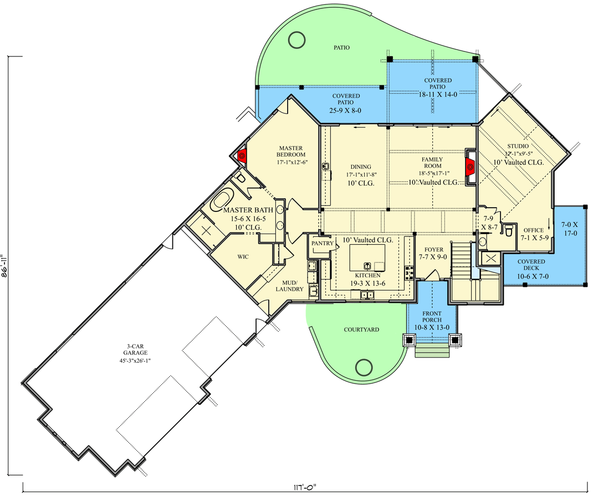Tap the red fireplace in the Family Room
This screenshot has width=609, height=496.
pyautogui.click(x=470, y=164)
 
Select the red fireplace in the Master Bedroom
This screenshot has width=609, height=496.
pyautogui.click(x=242, y=156)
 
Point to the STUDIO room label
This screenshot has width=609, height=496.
pyautogui.click(x=517, y=146)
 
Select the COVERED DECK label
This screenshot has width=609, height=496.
pyautogui.click(x=531, y=265)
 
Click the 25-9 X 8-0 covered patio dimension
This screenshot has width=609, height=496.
pyautogui.click(x=346, y=110)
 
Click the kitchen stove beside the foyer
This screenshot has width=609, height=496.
pyautogui.click(x=411, y=272)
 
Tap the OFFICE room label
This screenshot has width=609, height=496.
pyautogui.click(x=533, y=230)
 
